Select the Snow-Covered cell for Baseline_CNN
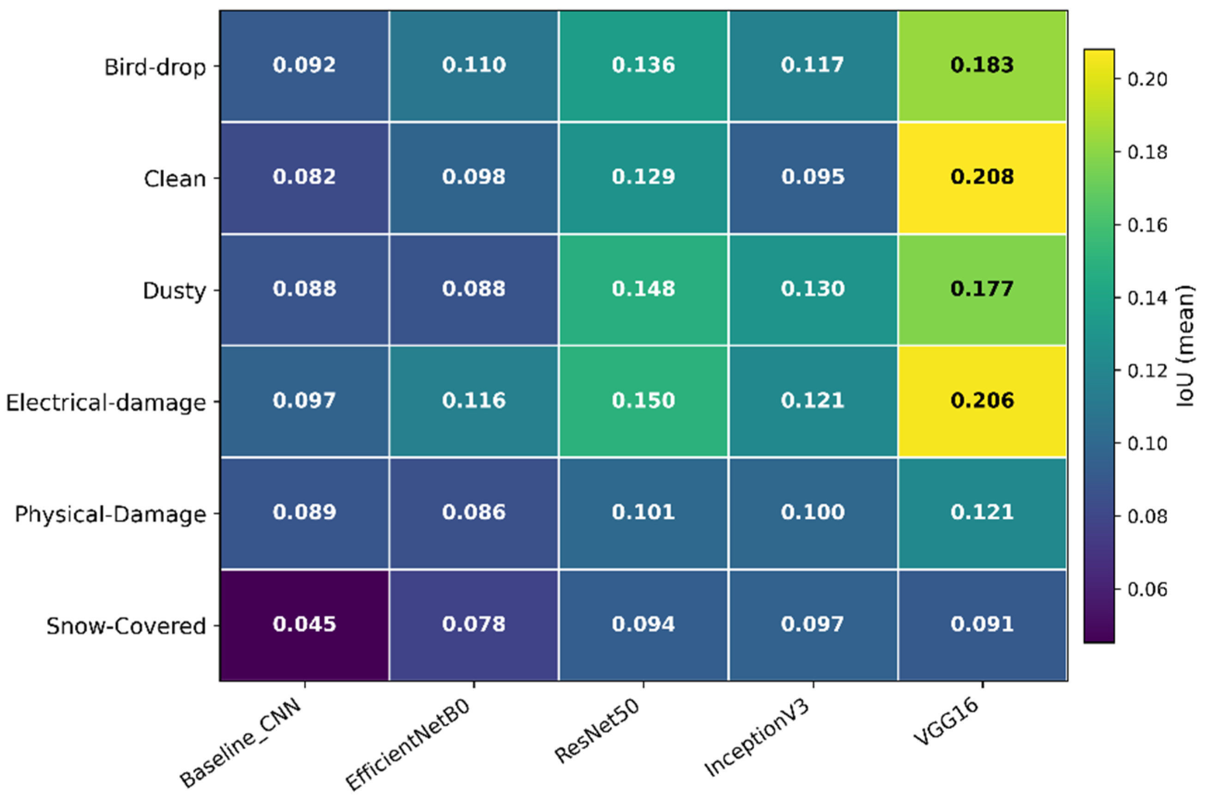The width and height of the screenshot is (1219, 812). (304, 624)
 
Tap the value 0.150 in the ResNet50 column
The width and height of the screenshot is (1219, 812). (643, 400)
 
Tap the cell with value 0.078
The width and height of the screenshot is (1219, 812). (473, 624)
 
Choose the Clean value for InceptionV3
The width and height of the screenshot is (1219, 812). (813, 176)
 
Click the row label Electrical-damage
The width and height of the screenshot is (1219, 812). (106, 403)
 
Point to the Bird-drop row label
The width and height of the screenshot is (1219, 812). (155, 67)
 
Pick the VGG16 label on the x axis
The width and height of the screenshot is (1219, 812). (946, 721)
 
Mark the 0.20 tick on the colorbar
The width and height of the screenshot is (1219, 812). (1147, 79)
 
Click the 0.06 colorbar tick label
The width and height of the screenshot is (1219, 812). (1147, 589)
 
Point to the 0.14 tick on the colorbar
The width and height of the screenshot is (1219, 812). (1147, 298)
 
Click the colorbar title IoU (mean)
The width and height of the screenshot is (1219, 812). (1185, 346)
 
